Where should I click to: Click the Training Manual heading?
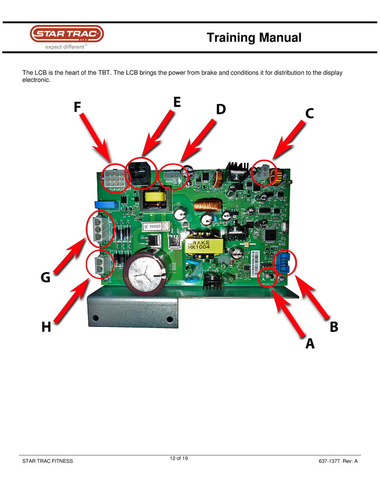[x=254, y=38]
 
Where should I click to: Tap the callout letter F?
[x=77, y=106]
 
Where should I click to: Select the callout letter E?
[x=177, y=102]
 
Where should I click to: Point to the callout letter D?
[x=221, y=110]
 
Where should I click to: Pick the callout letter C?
[x=310, y=113]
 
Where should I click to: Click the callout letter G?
[x=46, y=277]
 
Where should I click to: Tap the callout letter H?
[x=46, y=327]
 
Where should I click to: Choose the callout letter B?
[x=334, y=327]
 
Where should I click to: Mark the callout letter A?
[x=310, y=343]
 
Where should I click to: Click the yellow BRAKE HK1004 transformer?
[x=203, y=245]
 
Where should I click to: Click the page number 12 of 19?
[x=179, y=458]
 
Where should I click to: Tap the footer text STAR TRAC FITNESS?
[x=47, y=461]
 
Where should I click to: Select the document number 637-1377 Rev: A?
[x=338, y=461]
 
